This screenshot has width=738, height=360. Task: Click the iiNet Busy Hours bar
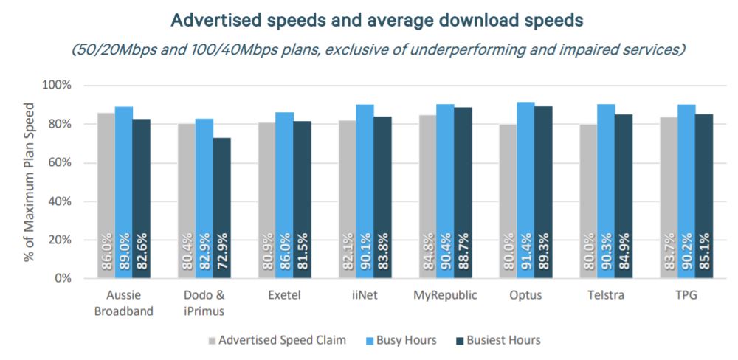coord(364,191)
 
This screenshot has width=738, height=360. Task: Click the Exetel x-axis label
coord(284,295)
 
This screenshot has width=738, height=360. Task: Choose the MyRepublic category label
coord(445,295)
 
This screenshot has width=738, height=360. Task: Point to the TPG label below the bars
coord(686,295)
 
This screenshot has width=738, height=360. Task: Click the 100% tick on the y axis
coord(56,85)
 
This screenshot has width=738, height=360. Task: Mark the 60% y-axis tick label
coord(58,162)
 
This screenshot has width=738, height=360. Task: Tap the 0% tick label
coord(62,279)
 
